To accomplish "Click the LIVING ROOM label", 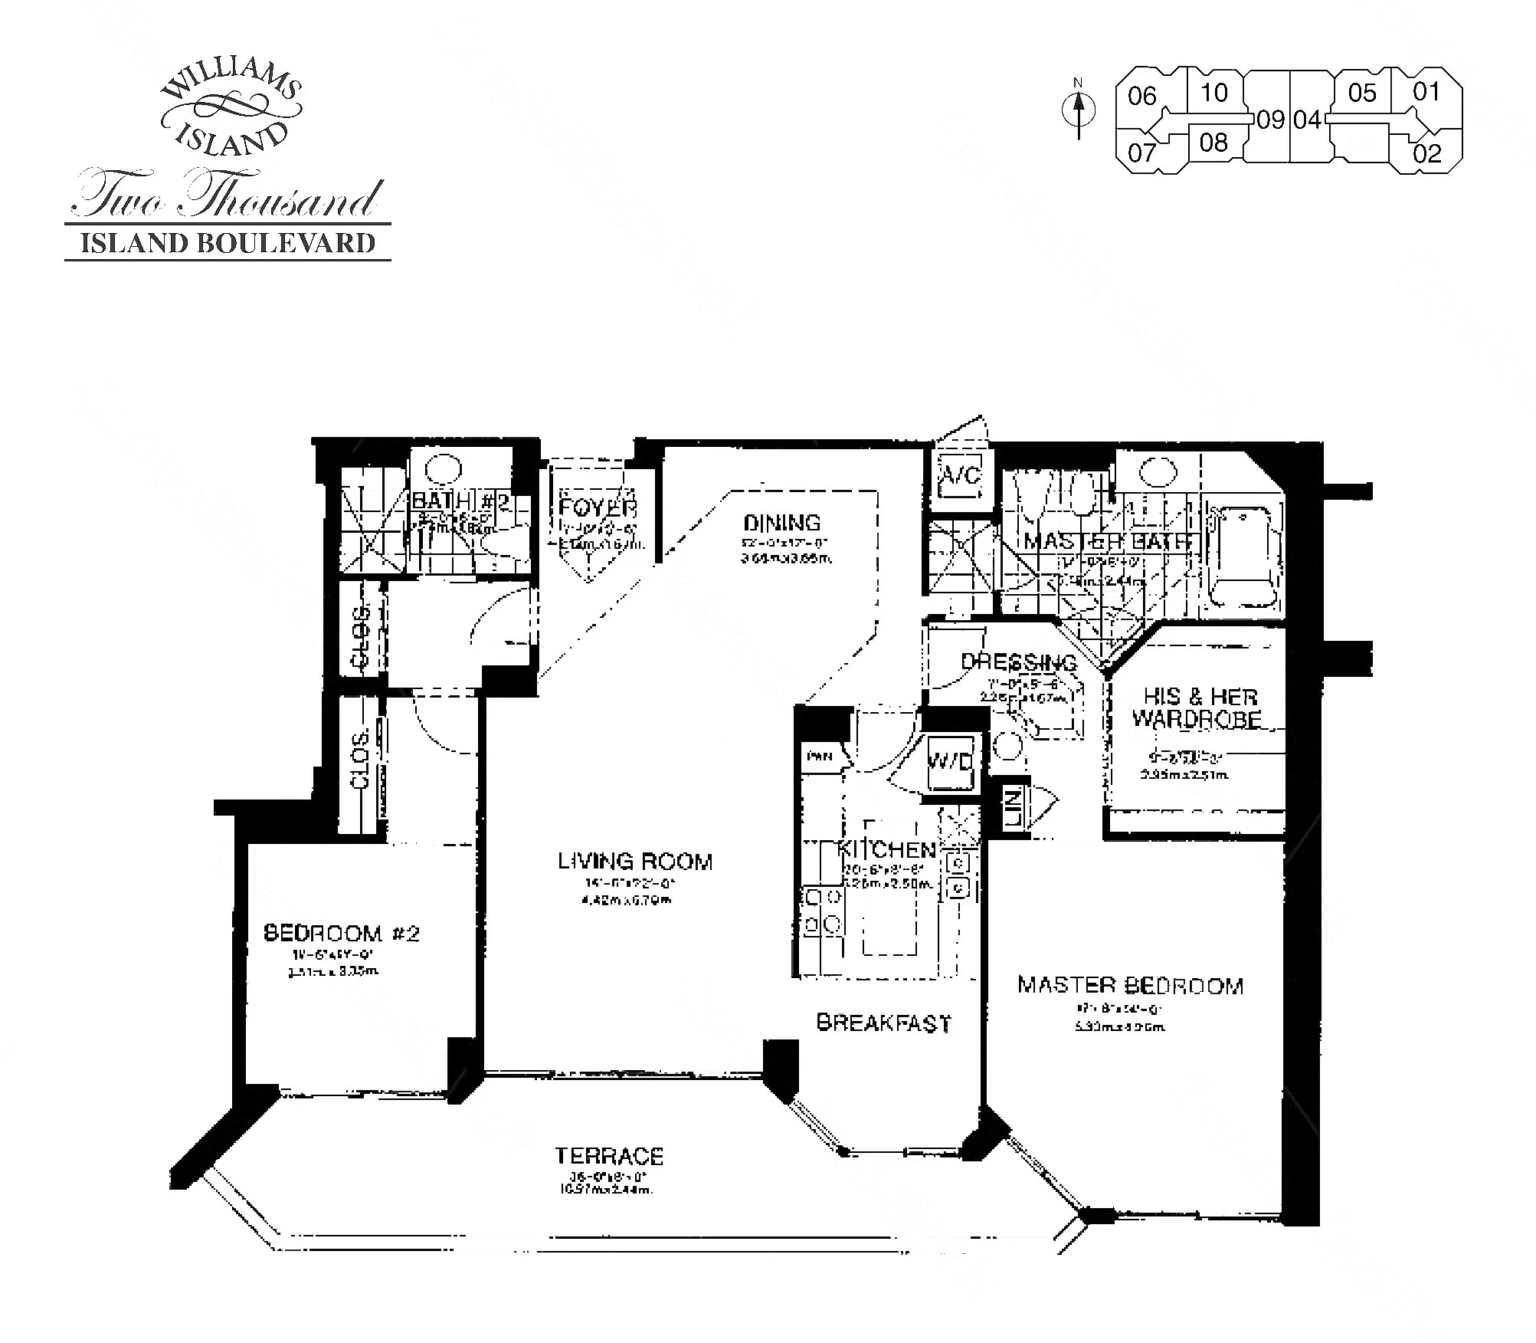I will [635, 862].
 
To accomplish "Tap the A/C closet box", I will [961, 476].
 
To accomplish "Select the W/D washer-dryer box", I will [950, 762].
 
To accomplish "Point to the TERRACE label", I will [609, 1156].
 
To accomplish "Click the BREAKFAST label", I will [883, 1023].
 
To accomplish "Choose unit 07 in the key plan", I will [1141, 153].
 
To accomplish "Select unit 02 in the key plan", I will [1427, 153].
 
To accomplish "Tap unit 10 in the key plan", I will [1213, 93].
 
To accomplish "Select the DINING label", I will [782, 523].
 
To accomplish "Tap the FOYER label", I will [598, 507].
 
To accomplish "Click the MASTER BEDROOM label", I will [1130, 985].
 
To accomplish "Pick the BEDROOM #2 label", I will [342, 933].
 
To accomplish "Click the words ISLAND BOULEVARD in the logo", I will [228, 243].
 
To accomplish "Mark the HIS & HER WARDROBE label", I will [1197, 708].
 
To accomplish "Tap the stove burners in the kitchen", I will [822, 911].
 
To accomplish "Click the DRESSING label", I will [1018, 662].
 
